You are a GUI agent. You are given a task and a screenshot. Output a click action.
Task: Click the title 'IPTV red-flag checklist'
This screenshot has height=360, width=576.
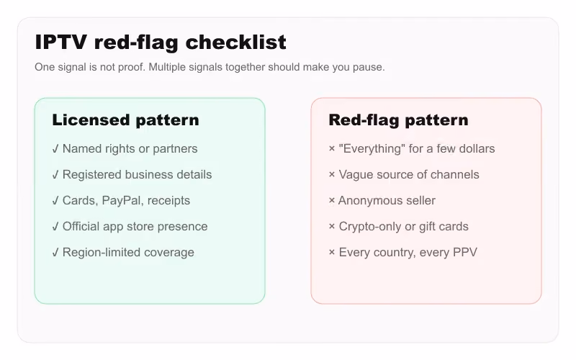[x=161, y=42]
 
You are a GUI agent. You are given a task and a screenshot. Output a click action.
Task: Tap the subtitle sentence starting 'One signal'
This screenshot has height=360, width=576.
[x=210, y=67]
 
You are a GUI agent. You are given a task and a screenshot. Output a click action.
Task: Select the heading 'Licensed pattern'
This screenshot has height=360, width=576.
[x=125, y=120]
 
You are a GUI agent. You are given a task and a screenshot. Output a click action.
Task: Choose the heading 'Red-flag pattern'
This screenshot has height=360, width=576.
[x=399, y=120]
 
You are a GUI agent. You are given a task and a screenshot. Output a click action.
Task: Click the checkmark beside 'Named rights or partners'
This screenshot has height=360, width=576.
[x=55, y=149]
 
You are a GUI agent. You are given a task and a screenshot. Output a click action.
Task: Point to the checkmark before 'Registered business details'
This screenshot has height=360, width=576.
[x=55, y=175]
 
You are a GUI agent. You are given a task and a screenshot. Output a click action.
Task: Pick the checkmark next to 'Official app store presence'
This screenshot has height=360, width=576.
[x=55, y=227]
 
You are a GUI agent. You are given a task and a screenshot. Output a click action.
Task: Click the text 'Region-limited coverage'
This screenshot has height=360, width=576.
[x=128, y=253]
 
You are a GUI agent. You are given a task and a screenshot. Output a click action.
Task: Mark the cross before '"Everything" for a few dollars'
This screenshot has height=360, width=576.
[x=332, y=148]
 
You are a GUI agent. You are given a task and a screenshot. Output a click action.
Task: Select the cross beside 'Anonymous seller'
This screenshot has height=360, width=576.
[x=332, y=201]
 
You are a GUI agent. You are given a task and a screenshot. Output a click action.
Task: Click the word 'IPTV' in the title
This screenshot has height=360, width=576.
[x=61, y=42]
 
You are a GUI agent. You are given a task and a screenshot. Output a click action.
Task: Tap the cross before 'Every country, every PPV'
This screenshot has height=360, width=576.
[x=332, y=253]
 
